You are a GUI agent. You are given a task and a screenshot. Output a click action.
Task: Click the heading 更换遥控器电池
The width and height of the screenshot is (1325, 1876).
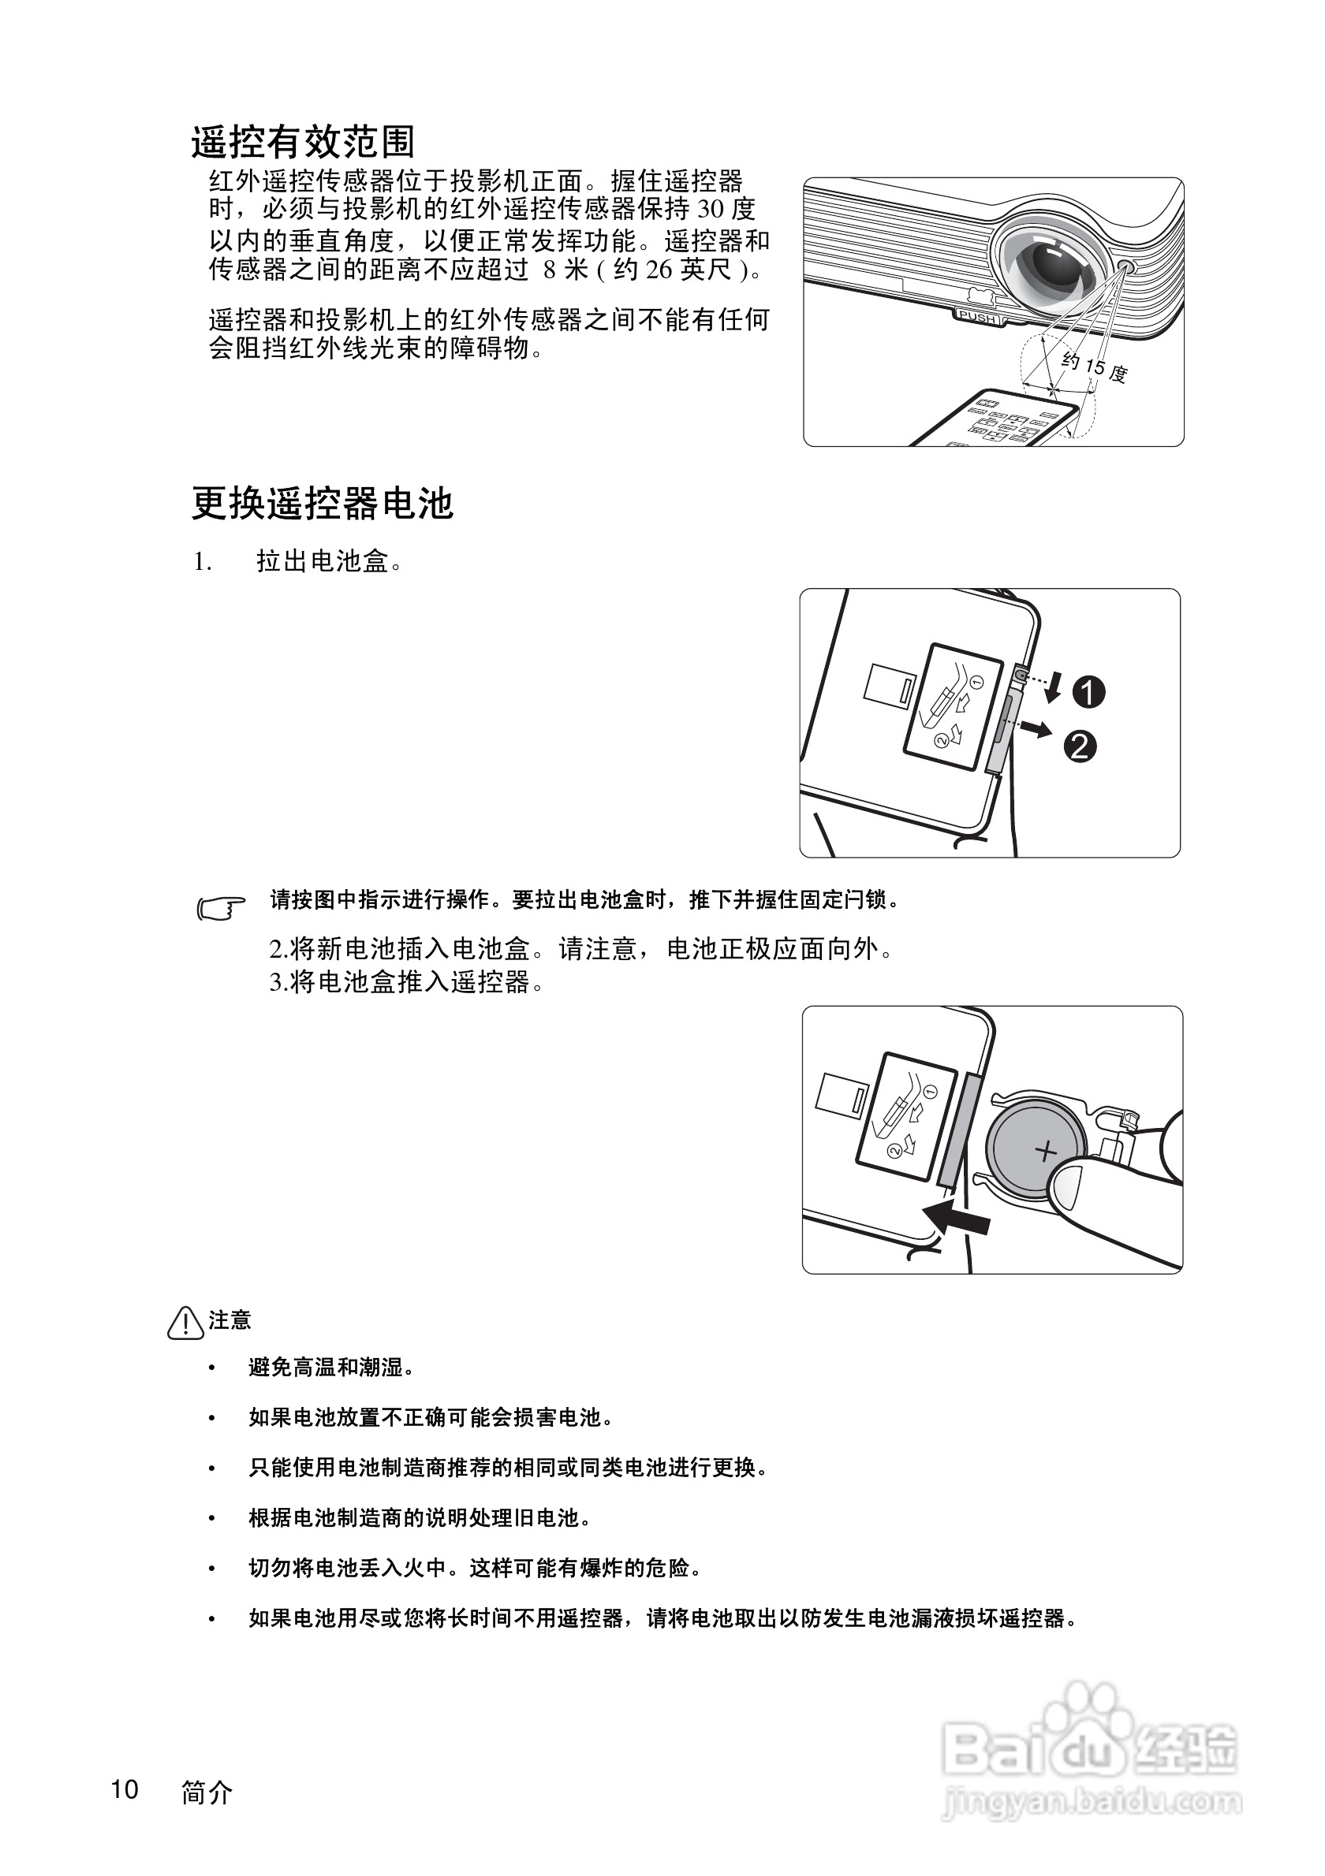(322, 504)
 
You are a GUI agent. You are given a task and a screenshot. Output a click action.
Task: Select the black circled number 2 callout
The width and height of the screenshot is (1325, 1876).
(1079, 746)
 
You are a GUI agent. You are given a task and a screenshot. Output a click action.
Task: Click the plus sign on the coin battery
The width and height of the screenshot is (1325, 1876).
(1046, 1152)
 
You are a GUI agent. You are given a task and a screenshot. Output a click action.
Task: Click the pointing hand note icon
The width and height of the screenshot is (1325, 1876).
(221, 908)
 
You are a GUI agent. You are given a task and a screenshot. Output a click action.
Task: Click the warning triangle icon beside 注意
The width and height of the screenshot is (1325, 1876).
(185, 1322)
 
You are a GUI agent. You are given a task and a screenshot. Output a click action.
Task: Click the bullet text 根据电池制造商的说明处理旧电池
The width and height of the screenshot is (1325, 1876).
(419, 1517)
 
